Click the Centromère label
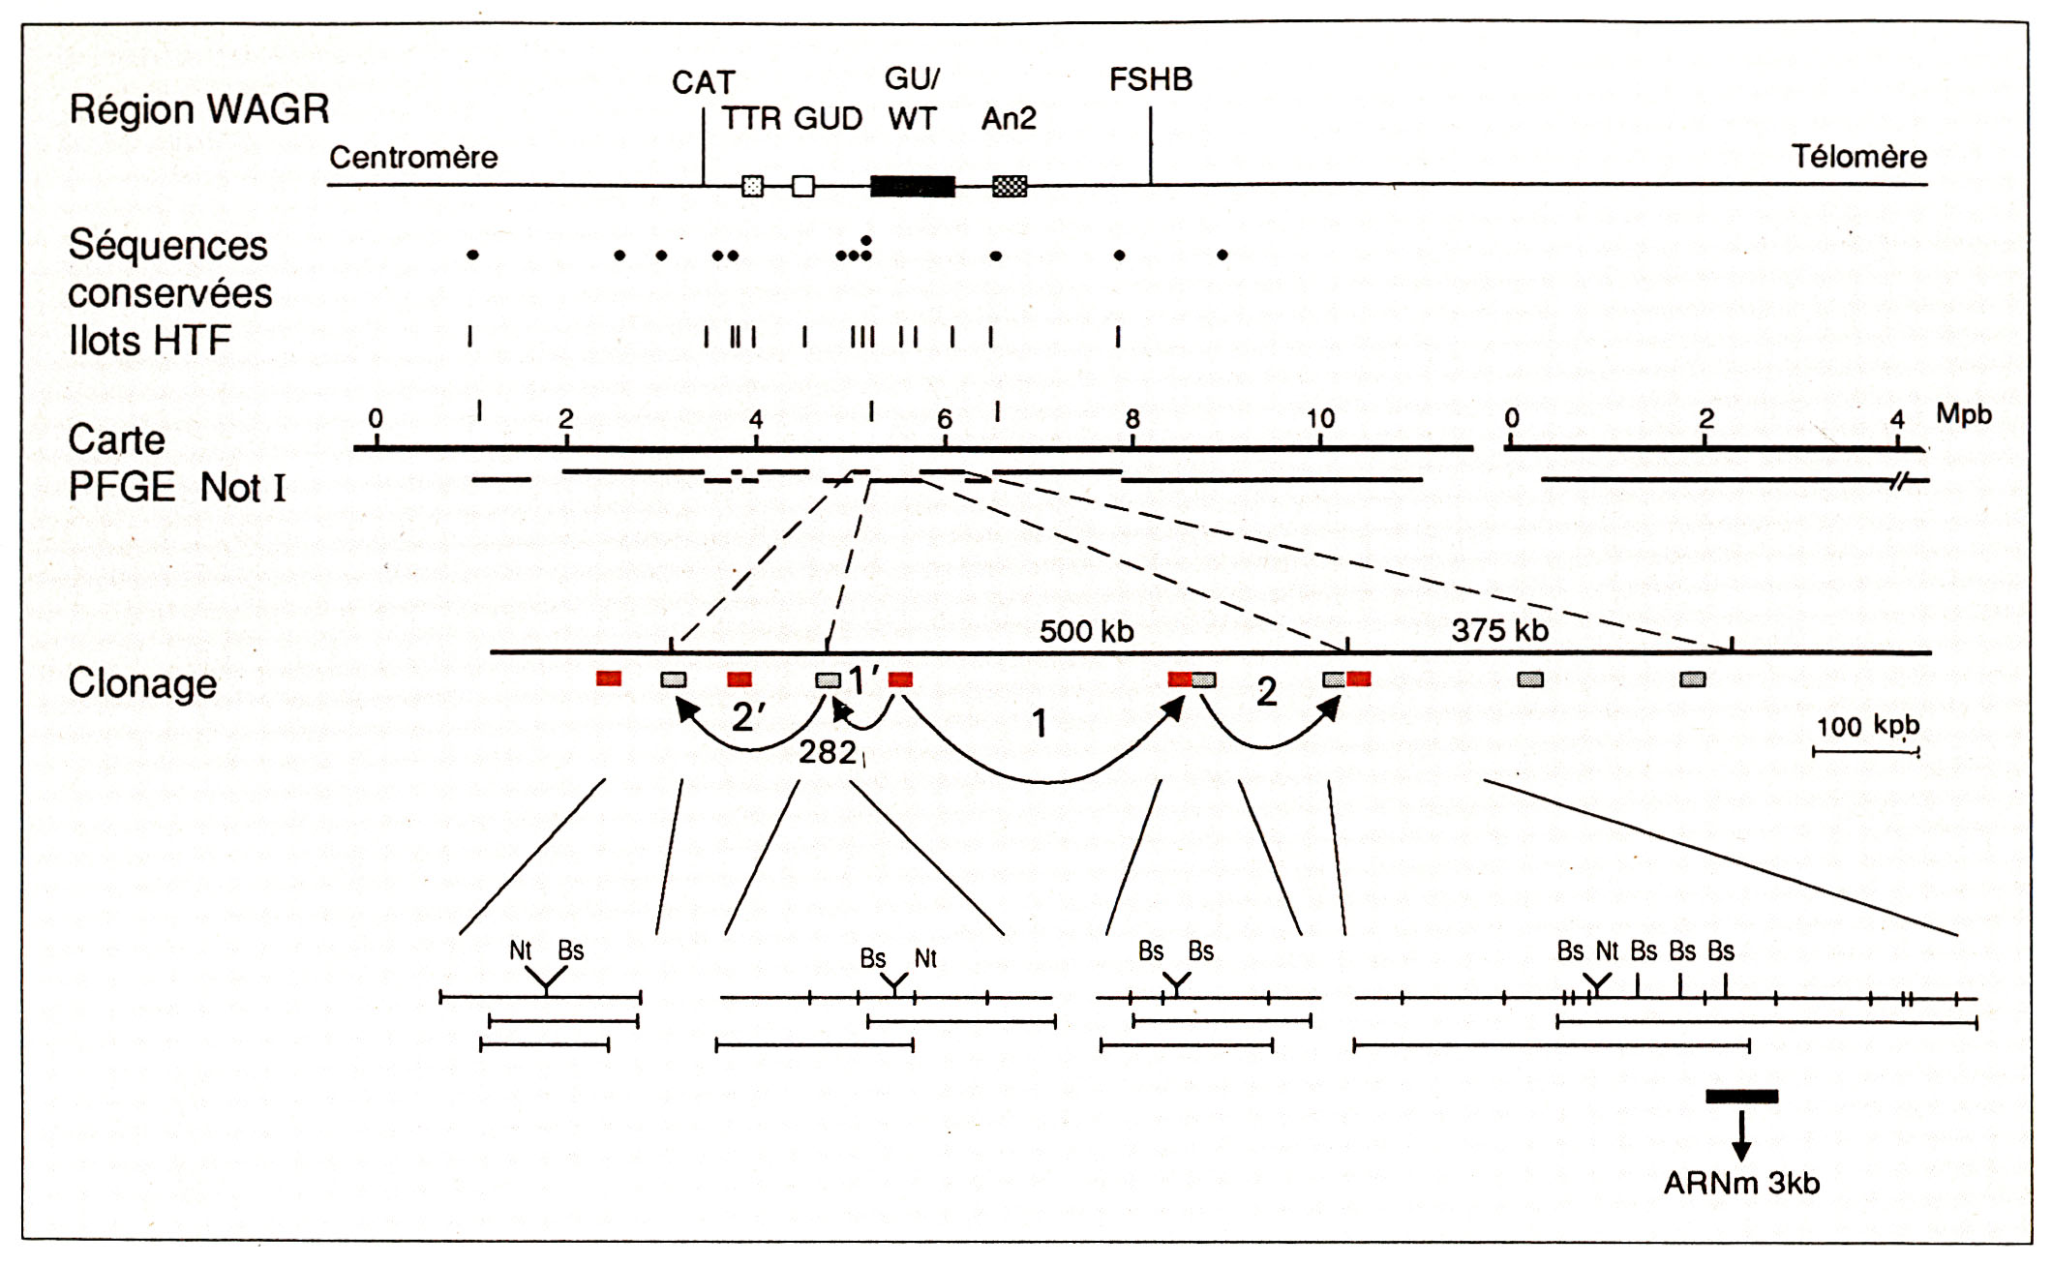[413, 157]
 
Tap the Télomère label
[1858, 157]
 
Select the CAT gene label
[704, 82]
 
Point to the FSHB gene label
[1151, 79]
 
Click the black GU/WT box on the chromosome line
[913, 186]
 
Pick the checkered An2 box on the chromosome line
[1010, 186]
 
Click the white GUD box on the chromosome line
[803, 186]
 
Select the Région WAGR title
[199, 110]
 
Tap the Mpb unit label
[1964, 414]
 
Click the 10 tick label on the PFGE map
[1321, 418]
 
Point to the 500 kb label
[1086, 631]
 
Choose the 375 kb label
[1499, 630]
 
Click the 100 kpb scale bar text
[1867, 726]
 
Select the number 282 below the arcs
[828, 752]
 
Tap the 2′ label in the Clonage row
[748, 716]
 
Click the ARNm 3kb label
[1741, 1183]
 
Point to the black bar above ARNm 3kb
[1741, 1097]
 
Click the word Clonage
[142, 683]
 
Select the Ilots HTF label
[150, 341]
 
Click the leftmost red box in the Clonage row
[609, 678]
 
